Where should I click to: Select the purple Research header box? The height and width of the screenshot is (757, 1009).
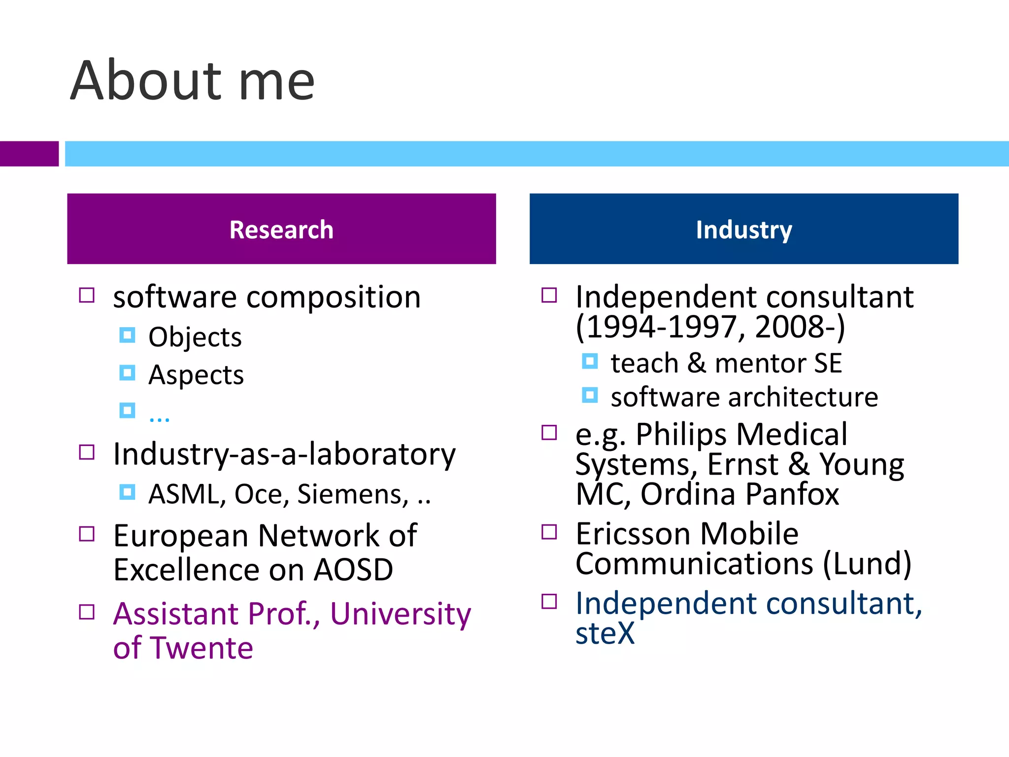click(x=281, y=229)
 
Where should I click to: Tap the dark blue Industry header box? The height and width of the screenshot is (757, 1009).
click(x=743, y=229)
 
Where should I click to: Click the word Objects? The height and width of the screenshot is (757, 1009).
click(x=195, y=338)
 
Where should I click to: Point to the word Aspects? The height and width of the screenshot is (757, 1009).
click(x=196, y=375)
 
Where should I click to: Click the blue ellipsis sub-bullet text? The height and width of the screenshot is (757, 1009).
click(x=159, y=417)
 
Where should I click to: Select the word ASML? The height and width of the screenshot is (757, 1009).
click(x=187, y=494)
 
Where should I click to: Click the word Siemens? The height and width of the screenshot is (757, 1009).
click(x=353, y=494)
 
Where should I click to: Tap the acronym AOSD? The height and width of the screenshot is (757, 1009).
click(x=353, y=570)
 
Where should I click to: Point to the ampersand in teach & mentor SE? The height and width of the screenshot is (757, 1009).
click(x=696, y=363)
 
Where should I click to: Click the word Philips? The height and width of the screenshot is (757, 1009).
click(x=681, y=435)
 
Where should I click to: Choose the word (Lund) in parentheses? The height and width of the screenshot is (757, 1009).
click(x=867, y=564)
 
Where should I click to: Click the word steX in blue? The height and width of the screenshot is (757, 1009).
click(x=605, y=634)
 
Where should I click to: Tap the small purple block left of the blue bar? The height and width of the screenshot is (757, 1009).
click(x=29, y=154)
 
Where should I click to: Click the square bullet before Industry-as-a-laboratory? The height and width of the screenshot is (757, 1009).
click(x=87, y=452)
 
